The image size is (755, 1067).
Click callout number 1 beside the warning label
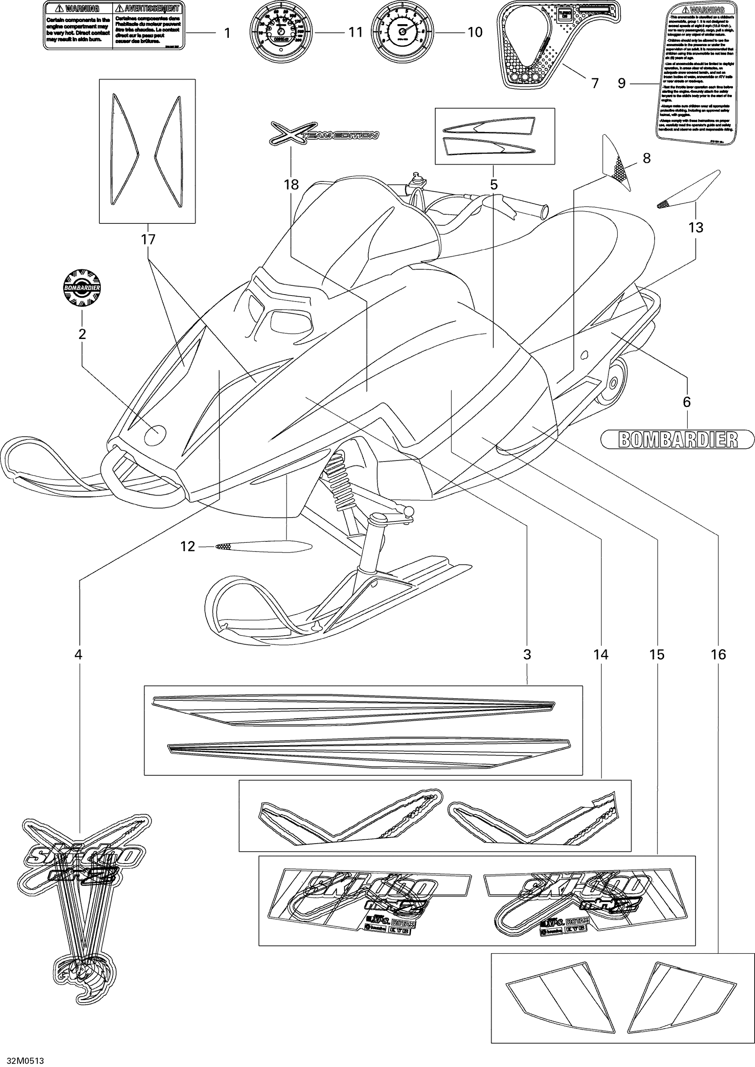pyautogui.click(x=227, y=33)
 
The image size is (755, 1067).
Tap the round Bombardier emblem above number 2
pyautogui.click(x=82, y=288)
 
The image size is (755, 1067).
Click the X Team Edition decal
pyautogui.click(x=324, y=134)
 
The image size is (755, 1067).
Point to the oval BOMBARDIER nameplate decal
pyautogui.click(x=677, y=439)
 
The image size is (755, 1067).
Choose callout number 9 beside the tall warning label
pyautogui.click(x=622, y=83)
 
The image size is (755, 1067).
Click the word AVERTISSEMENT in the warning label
pyautogui.click(x=148, y=9)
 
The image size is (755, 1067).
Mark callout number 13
pyautogui.click(x=696, y=228)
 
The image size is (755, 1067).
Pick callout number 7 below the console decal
pyautogui.click(x=595, y=83)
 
